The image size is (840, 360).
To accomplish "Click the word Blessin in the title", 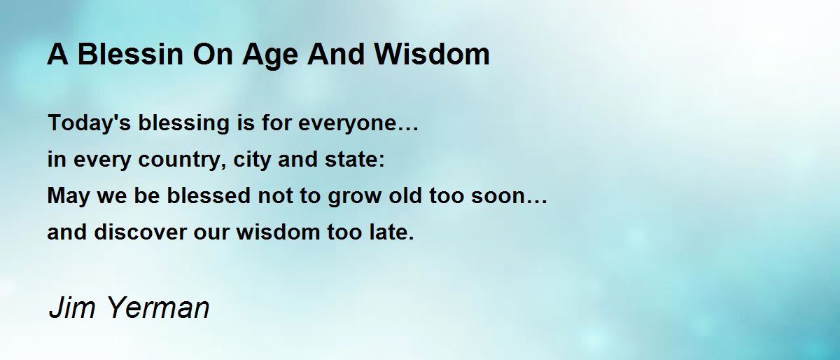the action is click(x=130, y=54).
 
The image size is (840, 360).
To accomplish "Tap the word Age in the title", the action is click(x=270, y=56).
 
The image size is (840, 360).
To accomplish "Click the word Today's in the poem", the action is click(x=90, y=123).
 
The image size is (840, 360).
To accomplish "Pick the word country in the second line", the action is click(x=182, y=160).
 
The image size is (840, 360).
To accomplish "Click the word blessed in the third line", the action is click(x=208, y=195).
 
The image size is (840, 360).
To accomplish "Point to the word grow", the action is click(x=354, y=198).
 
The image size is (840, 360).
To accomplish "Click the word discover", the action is click(x=140, y=232).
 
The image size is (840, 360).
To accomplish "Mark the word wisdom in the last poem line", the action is click(x=278, y=232).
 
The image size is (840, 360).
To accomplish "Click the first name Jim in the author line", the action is click(x=72, y=307).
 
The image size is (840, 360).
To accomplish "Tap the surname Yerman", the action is click(x=158, y=307).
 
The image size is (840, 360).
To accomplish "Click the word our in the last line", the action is click(x=211, y=233).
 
